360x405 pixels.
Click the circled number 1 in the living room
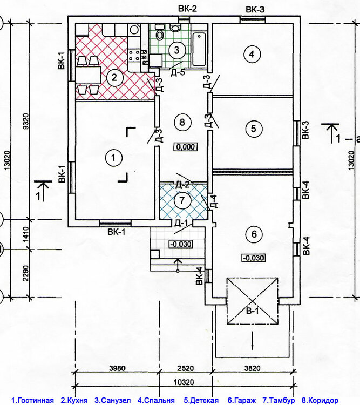[113, 157]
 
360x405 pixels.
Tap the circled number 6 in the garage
[254, 234]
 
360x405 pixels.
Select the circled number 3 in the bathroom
[176, 50]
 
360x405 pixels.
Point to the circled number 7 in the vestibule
[182, 200]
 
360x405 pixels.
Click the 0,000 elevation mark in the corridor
[186, 147]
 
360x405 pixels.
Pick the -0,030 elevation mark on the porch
[181, 244]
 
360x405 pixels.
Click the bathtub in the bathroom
[199, 49]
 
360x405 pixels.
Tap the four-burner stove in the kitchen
[134, 55]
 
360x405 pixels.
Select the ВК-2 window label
[187, 9]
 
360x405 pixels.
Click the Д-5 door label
[178, 72]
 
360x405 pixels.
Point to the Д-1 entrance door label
[182, 222]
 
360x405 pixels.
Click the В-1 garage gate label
[252, 310]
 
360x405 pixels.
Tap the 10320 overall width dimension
[184, 382]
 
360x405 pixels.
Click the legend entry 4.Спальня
[156, 400]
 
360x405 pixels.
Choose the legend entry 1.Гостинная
[32, 400]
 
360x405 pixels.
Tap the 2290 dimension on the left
[26, 273]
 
